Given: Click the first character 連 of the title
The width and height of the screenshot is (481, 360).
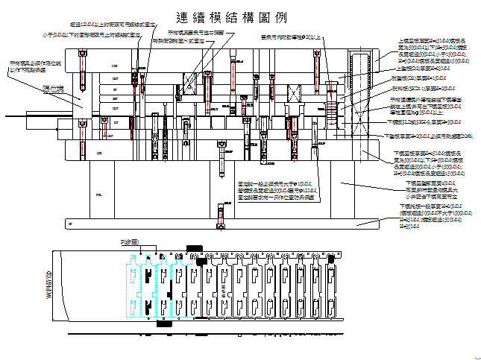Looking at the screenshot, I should pos(181,18).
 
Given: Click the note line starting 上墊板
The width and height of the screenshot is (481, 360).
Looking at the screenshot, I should pos(417,69).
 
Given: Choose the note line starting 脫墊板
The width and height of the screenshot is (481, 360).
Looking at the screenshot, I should pos(419,78).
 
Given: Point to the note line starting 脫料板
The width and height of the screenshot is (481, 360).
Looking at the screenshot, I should pos(418,88).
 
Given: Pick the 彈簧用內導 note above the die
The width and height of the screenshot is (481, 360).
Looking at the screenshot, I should pos(292,36).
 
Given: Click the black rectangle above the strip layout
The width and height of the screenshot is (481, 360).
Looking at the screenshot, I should pos(194,248).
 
